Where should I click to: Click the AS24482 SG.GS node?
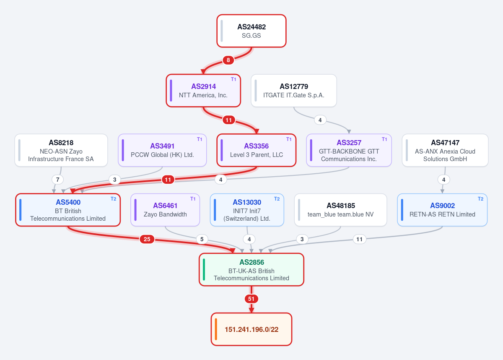pyautogui.click(x=251, y=31)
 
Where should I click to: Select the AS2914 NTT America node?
pyautogui.click(x=203, y=91)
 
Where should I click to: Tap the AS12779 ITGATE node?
pyautogui.click(x=294, y=91)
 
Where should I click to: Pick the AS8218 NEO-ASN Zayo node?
pyautogui.click(x=61, y=150)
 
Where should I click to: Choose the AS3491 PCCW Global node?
pyautogui.click(x=162, y=150)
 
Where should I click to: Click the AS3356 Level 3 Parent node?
pyautogui.click(x=257, y=150)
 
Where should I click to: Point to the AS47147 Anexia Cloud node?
pyautogui.click(x=445, y=150)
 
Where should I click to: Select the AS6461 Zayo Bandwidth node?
pyautogui.click(x=165, y=210)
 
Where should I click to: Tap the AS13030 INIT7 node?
pyautogui.click(x=247, y=210)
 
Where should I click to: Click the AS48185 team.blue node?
pyautogui.click(x=341, y=210)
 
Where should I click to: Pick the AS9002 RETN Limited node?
pyautogui.click(x=442, y=210)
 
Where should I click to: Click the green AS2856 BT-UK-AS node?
pyautogui.click(x=251, y=270)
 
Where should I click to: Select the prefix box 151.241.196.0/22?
pyautogui.click(x=251, y=329)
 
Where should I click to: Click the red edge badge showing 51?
pyautogui.click(x=251, y=299)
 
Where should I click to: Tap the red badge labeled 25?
pyautogui.click(x=147, y=239)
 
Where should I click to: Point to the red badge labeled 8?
pyautogui.click(x=228, y=60)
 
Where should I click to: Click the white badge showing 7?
pyautogui.click(x=58, y=180)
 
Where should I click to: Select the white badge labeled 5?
pyautogui.click(x=202, y=239)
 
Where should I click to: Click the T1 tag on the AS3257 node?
pyautogui.click(x=384, y=139)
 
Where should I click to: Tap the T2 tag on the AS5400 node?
pyautogui.click(x=114, y=199)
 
